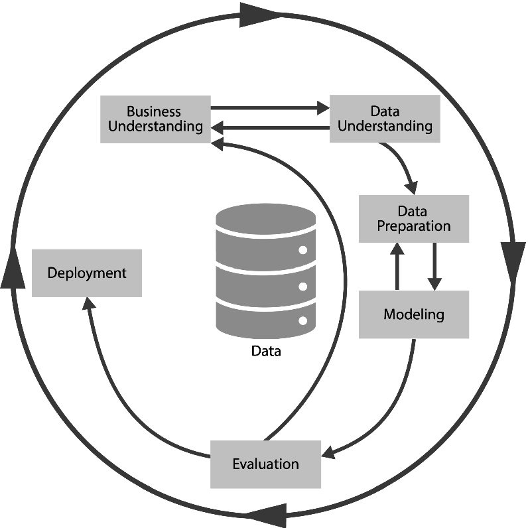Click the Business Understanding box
[x=155, y=119]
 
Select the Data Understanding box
[x=385, y=118]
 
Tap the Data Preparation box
[x=413, y=218]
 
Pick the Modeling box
[x=413, y=314]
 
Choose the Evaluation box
[x=265, y=464]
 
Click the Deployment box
[x=87, y=273]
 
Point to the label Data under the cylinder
[x=266, y=351]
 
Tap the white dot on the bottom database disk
[x=303, y=321]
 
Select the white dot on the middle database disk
[x=303, y=287]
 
